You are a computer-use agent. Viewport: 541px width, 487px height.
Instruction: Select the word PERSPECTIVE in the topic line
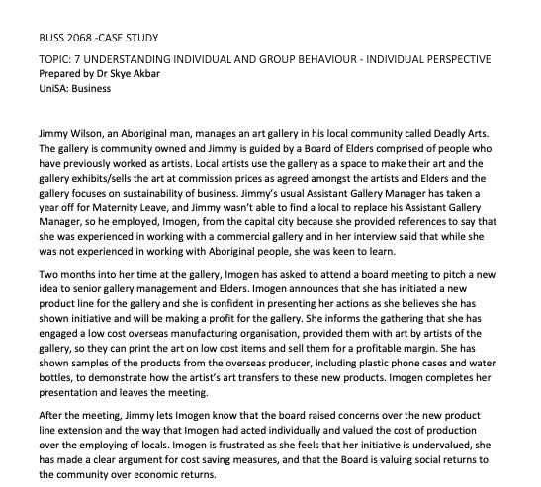pos(452,59)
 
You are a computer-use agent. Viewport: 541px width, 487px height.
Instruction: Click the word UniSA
pos(52,87)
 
